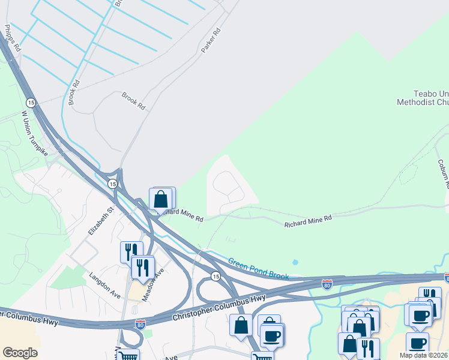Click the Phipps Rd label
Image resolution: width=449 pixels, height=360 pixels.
point(11,38)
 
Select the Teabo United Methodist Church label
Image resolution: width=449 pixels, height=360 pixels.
point(423,98)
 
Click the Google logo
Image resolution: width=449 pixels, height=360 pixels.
point(20,353)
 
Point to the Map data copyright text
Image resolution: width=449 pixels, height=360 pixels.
point(424,355)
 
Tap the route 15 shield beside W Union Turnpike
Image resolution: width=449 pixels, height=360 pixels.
point(31,103)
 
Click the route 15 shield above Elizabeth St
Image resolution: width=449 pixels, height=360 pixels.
point(112,184)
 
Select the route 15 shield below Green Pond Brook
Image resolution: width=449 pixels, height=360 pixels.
point(215,276)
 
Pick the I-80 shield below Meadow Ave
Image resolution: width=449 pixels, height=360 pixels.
point(140,325)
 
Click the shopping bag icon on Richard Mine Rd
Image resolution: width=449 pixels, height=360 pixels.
point(161,199)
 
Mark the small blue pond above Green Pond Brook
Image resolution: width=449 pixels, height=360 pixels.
point(295,263)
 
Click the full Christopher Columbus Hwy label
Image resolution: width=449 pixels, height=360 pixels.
point(218,307)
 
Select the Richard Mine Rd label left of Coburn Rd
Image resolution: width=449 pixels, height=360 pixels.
point(308,221)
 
